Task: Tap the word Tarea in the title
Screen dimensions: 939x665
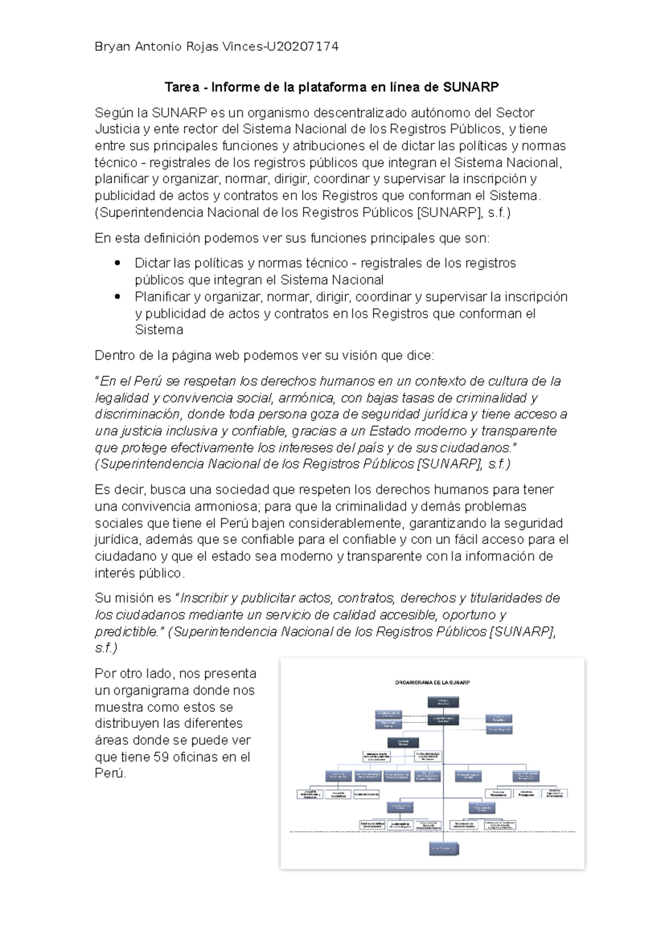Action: (180, 87)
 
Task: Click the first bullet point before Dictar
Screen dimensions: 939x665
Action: (116, 264)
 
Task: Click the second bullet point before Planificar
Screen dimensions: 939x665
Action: (116, 297)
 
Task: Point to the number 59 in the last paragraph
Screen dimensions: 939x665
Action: (161, 757)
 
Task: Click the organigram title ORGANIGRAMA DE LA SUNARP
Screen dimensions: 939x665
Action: (432, 683)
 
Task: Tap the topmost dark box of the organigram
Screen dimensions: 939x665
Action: (443, 702)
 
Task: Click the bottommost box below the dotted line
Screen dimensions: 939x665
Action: (444, 849)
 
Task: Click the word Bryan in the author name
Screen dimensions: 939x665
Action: (112, 47)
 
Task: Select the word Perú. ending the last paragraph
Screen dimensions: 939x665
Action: (110, 774)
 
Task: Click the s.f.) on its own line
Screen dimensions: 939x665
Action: (106, 648)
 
